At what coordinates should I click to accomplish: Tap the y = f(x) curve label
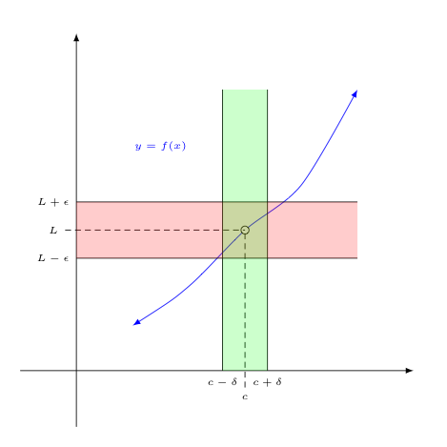(160, 146)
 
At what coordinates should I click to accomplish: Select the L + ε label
(53, 202)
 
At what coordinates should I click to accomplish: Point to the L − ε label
(53, 258)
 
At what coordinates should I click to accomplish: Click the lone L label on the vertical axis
(53, 230)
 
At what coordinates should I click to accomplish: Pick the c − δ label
(222, 382)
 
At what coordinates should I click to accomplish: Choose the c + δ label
(267, 382)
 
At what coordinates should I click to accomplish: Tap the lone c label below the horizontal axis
(245, 396)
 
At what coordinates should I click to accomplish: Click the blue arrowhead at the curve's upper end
(355, 93)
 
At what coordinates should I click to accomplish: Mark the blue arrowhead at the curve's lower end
(136, 323)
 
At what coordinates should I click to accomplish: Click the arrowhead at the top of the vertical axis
(76, 37)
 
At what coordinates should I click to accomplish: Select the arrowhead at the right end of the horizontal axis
(409, 371)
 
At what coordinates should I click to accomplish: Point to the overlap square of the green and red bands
(245, 230)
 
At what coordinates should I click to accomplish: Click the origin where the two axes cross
(76, 371)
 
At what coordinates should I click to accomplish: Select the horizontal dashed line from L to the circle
(152, 230)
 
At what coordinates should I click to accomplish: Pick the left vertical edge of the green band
(222, 230)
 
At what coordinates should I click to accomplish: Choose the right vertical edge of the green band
(268, 230)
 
